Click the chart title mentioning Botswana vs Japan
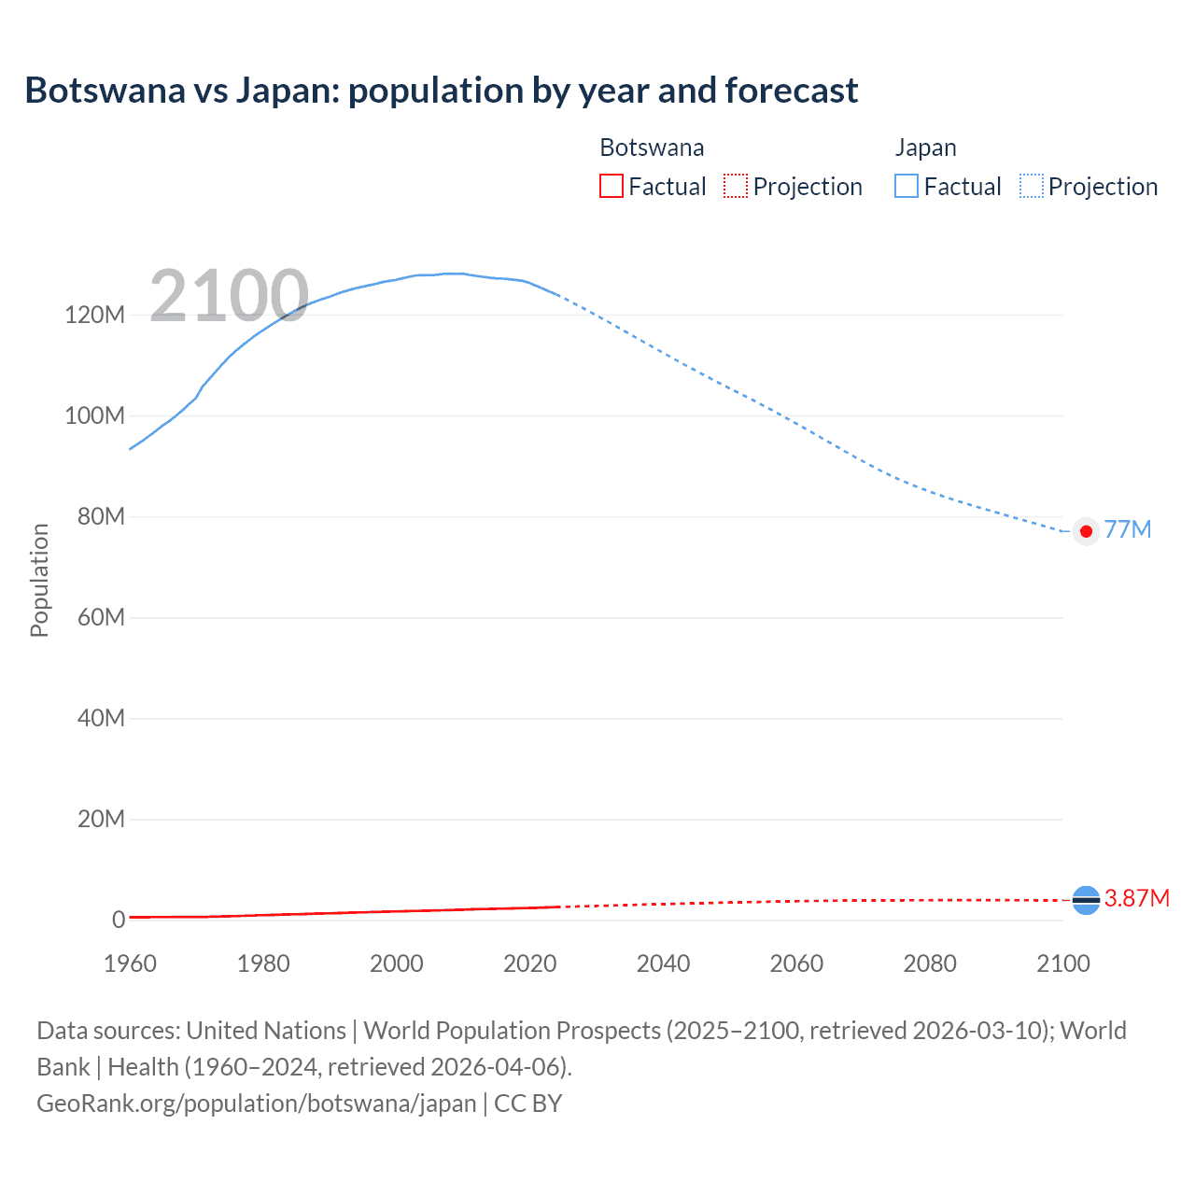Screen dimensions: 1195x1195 point(441,91)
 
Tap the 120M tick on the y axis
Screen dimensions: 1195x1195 point(94,315)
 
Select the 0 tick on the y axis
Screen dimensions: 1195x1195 point(119,920)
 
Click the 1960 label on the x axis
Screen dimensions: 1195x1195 point(130,963)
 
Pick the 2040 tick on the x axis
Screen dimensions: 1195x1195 point(663,963)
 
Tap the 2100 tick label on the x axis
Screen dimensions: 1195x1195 point(1062,963)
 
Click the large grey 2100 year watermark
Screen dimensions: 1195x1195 point(229,296)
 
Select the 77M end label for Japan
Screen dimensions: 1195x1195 point(1128,529)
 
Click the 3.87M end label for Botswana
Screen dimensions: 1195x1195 point(1136,898)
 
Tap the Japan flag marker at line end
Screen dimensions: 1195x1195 point(1086,531)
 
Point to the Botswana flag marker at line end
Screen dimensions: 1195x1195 point(1086,900)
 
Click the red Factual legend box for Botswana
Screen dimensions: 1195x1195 point(611,186)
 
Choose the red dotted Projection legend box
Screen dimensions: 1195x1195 point(736,186)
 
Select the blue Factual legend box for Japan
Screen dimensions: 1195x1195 point(906,186)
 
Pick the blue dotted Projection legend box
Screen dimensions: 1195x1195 point(1031,186)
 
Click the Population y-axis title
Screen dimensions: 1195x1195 point(39,580)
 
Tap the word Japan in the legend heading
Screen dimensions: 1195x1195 point(925,148)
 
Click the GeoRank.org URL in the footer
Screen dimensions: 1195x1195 point(257,1103)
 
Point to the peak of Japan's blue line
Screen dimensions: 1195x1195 point(453,274)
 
